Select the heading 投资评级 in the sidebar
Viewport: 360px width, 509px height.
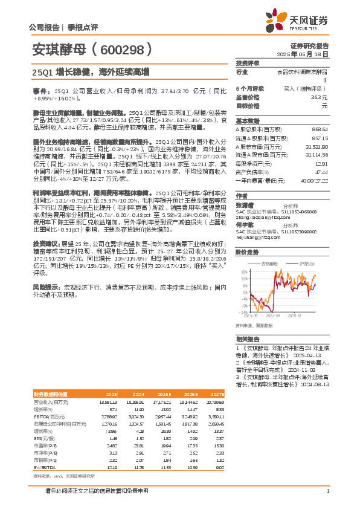[x=248, y=63]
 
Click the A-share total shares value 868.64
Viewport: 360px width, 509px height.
[x=320, y=129]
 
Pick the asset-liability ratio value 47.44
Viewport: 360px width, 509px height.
[x=321, y=172]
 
